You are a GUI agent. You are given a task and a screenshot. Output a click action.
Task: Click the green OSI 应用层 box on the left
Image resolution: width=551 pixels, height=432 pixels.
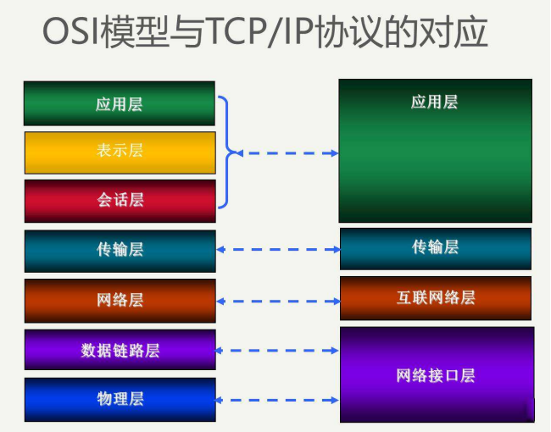[120, 103]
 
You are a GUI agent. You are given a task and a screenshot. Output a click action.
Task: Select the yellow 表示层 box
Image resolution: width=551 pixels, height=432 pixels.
[120, 152]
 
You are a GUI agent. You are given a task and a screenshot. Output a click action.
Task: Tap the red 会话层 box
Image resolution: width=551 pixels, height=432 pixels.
[120, 200]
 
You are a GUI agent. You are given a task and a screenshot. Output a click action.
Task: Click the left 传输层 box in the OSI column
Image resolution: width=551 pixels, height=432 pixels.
[120, 250]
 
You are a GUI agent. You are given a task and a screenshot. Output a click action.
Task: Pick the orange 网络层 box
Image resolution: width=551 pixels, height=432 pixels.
[120, 300]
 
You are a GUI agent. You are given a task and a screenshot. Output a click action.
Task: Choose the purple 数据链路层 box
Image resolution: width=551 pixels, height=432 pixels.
[120, 350]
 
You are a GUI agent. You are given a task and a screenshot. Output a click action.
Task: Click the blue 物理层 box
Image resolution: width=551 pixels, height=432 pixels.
[120, 399]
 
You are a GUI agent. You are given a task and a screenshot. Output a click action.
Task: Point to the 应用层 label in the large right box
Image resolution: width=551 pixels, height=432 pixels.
[434, 102]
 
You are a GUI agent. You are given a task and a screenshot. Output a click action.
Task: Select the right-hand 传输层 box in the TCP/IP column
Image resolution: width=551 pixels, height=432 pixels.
[436, 247]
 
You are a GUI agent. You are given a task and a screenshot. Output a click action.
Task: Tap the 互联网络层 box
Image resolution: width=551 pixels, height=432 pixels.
[436, 297]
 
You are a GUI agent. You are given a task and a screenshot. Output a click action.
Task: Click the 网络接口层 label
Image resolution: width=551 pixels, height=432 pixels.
[436, 375]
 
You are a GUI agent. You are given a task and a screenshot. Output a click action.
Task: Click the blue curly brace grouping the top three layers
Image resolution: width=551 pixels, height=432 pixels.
[226, 152]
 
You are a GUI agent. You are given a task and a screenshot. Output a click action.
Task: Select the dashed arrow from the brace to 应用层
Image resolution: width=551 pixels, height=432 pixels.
[287, 153]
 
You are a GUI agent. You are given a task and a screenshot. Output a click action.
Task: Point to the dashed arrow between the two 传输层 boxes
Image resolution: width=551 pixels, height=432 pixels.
[278, 250]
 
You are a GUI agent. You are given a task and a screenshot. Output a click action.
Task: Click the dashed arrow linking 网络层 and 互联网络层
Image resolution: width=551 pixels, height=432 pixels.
[278, 301]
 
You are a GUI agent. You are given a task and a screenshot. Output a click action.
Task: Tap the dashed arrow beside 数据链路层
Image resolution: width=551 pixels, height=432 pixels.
[278, 349]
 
